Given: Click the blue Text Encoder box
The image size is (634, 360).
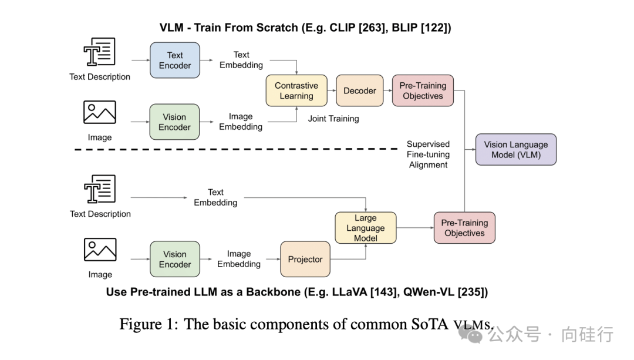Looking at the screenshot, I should coord(175,60).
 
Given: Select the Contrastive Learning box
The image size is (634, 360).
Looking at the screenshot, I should coord(296,90).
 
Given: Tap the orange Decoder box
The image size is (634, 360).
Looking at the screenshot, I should coord(359,90).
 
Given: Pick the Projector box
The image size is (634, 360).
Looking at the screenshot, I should coord(305,259).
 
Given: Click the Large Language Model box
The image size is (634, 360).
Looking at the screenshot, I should coord(365,228).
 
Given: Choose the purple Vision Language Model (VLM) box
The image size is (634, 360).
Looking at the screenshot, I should coord(515,150).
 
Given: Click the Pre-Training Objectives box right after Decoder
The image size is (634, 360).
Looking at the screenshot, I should coord(423,90).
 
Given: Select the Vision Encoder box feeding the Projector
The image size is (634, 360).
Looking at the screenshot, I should coord(175,259).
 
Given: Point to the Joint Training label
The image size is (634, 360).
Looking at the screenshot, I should coord(333,119).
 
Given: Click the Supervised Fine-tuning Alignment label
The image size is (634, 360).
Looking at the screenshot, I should coord(428,154).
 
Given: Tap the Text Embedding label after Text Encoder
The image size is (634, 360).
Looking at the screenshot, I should coord(241,60).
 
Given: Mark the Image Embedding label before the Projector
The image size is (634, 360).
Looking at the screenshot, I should coord(239,259).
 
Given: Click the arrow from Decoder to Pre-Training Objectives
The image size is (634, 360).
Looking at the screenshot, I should coord(387,90).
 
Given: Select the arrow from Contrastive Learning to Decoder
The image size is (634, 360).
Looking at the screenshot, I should coord(332,90).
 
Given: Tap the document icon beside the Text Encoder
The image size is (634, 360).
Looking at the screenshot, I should coord(99,52).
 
